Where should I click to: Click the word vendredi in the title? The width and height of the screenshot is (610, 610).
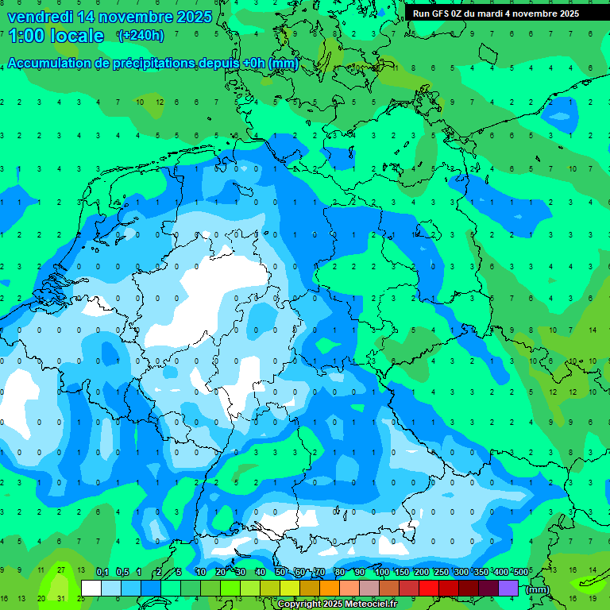point(38,17)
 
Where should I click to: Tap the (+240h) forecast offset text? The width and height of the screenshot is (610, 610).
point(141,36)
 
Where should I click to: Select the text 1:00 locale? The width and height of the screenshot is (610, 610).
point(56,36)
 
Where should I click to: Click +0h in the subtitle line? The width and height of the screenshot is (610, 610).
point(253,64)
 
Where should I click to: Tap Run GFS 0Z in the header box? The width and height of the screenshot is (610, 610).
point(436,14)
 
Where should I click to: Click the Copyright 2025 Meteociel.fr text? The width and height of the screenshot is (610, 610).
point(338,604)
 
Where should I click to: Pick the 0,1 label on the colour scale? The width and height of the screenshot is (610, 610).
point(102,573)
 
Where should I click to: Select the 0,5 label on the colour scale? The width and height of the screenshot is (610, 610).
point(122,573)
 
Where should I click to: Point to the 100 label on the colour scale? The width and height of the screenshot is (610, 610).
point(381,573)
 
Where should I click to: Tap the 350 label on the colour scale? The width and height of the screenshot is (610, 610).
point(481,573)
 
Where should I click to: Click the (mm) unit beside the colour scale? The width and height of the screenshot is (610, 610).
point(538,589)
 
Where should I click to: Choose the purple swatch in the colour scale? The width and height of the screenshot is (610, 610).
point(508,588)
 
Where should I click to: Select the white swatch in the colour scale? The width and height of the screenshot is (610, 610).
point(91,588)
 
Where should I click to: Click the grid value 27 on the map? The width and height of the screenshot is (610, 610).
point(61,570)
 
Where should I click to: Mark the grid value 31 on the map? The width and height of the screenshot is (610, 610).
point(61,598)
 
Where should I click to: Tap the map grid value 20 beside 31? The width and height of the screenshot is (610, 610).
point(41,598)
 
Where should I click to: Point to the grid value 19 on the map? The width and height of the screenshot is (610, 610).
point(592,598)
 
